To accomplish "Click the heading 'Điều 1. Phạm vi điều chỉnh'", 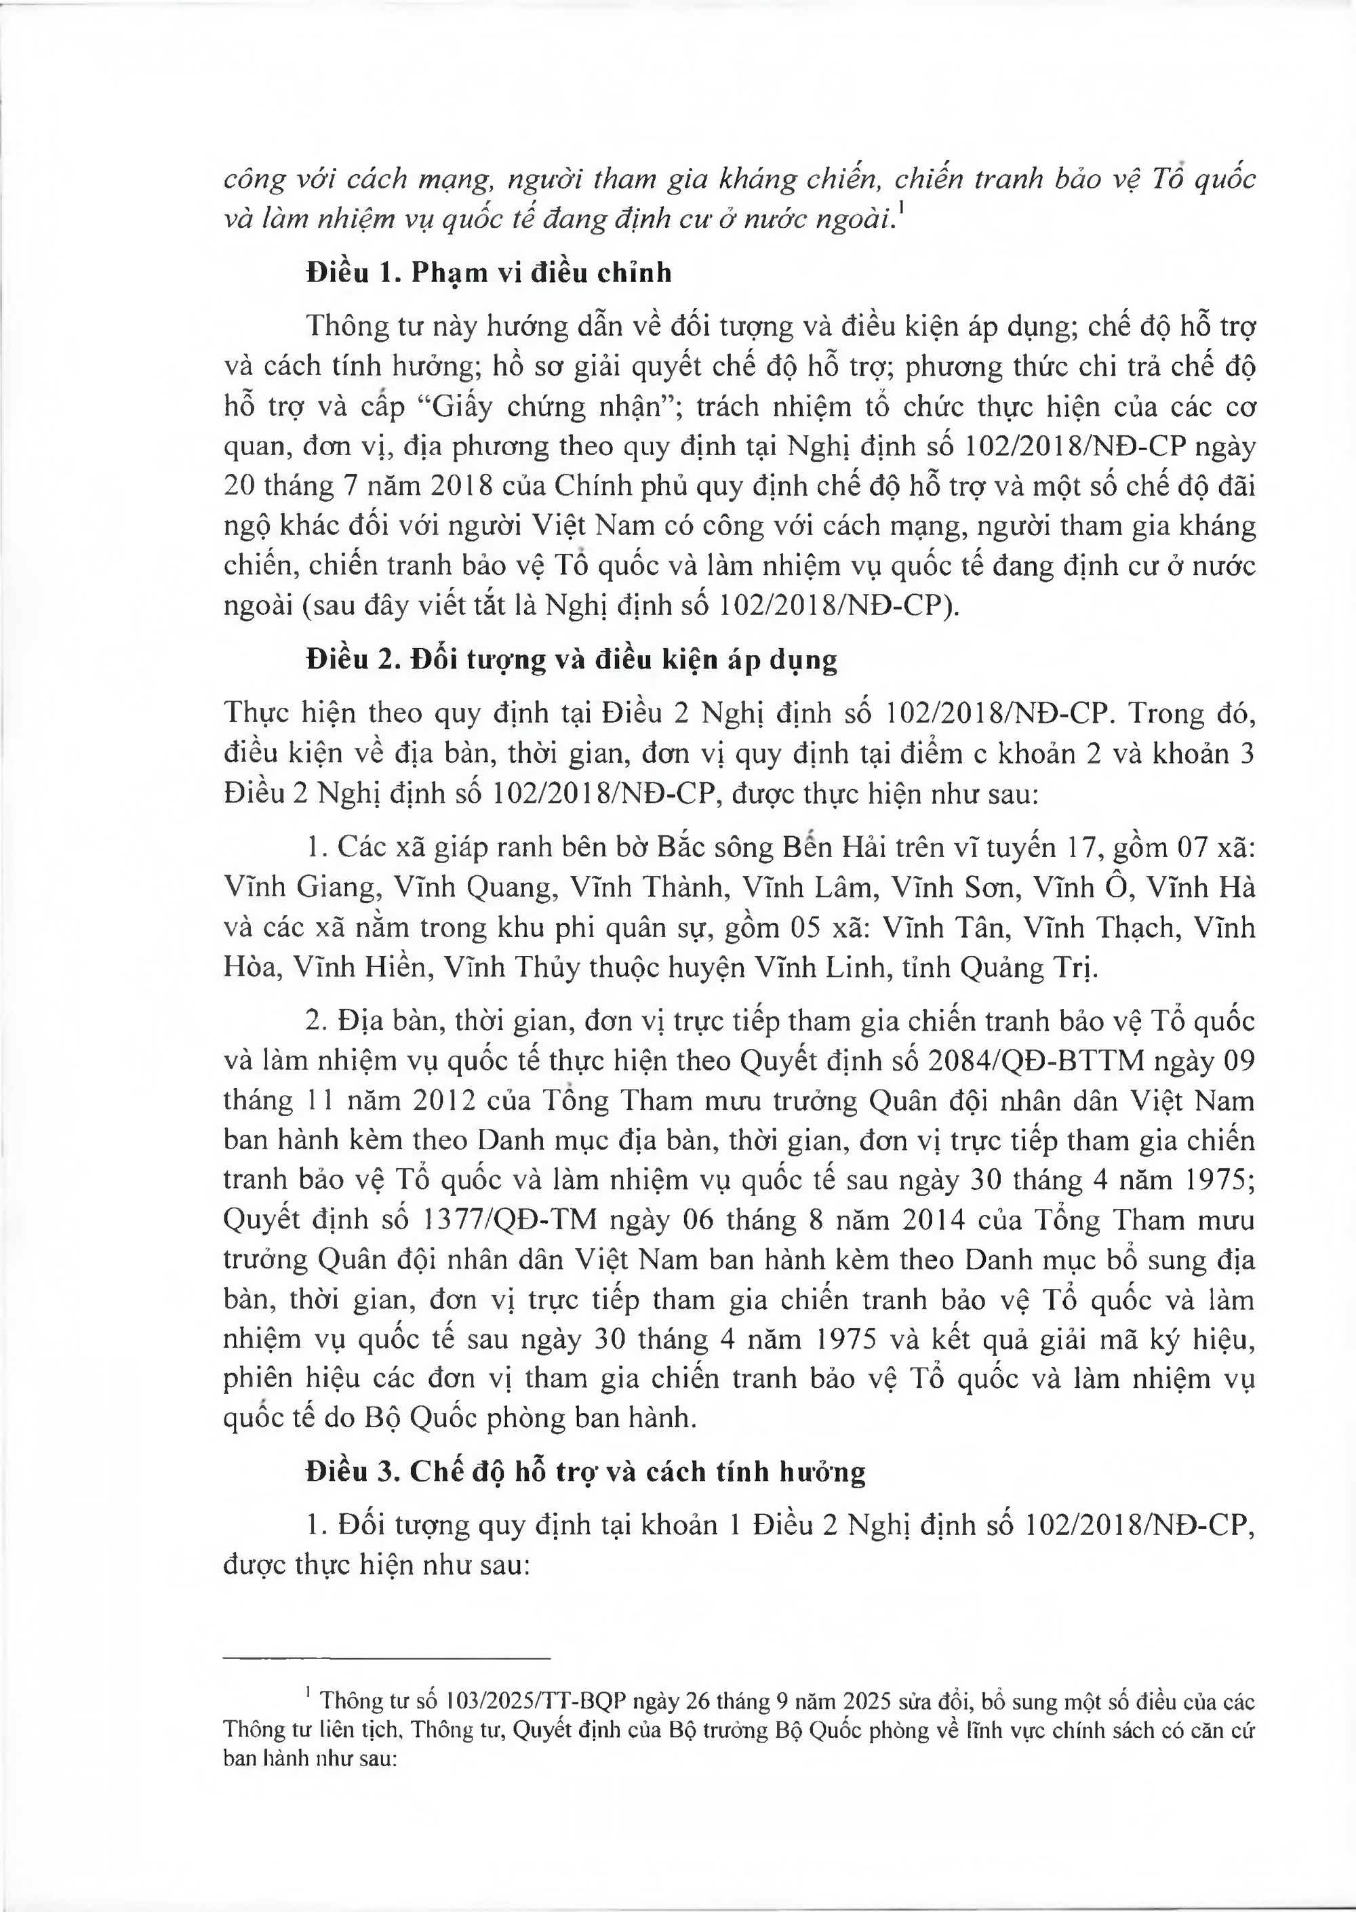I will coord(488,273).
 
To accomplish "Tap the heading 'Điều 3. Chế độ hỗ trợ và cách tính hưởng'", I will coord(585,1471).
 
